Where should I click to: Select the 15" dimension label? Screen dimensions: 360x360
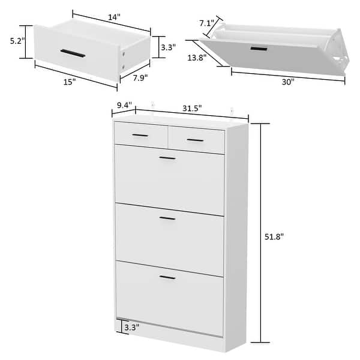tap(70, 82)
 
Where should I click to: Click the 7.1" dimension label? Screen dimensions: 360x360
tap(206, 23)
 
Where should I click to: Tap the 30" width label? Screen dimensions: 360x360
tap(288, 82)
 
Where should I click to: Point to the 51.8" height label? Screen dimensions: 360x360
tap(273, 236)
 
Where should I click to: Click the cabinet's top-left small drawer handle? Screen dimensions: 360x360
tap(140, 136)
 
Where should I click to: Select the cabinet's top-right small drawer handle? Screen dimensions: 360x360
tap(195, 140)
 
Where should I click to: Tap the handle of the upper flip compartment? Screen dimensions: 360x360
tap(167, 158)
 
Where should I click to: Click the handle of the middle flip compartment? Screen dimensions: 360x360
tap(167, 218)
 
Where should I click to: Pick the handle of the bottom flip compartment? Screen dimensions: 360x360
tap(167, 277)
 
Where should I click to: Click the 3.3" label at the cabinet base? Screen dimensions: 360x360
tap(131, 327)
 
